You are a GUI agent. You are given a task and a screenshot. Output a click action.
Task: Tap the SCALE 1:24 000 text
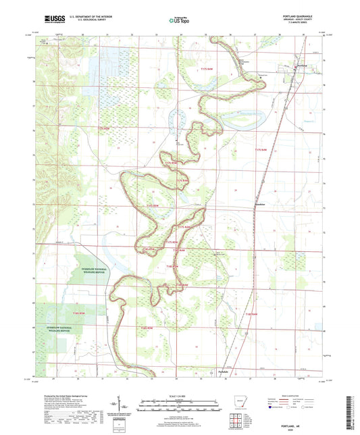pyautogui.click(x=179, y=396)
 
